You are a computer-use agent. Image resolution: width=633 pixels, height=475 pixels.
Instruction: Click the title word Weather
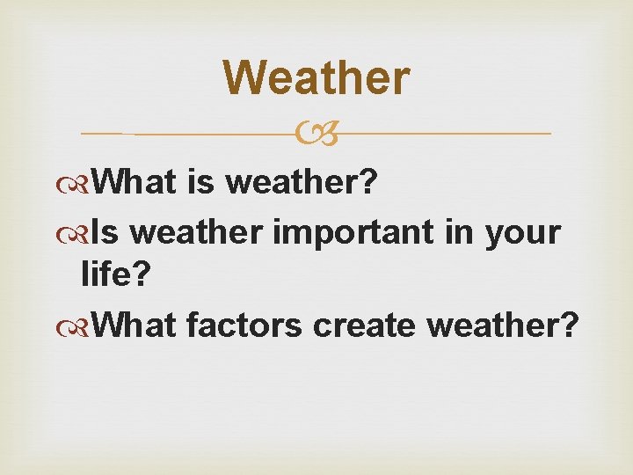coord(316,77)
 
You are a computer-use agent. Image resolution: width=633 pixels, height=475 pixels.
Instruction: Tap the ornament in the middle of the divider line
coord(316,134)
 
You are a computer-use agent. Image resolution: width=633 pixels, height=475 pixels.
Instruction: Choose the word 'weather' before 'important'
coord(200,232)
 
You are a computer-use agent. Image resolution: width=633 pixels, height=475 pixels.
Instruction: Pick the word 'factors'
coord(244,325)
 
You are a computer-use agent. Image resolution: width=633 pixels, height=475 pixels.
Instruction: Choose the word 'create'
coord(366,325)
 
